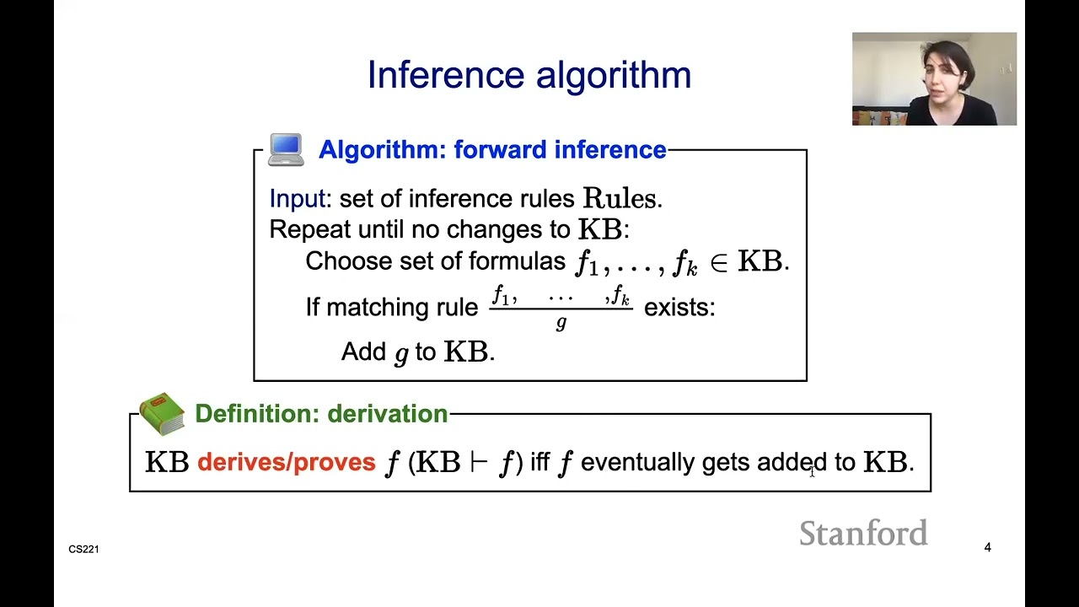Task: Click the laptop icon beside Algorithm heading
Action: (x=286, y=149)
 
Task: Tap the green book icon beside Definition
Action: (x=162, y=413)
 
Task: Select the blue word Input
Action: (x=297, y=199)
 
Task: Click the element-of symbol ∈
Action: (x=718, y=262)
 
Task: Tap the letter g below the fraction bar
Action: (x=561, y=323)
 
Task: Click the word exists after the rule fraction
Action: (x=679, y=307)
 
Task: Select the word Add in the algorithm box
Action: (x=363, y=352)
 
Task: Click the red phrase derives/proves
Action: (x=286, y=462)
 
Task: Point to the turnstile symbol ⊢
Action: (x=479, y=462)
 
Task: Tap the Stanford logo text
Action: (x=863, y=534)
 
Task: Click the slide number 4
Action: (x=987, y=548)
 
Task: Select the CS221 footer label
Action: (x=84, y=550)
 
